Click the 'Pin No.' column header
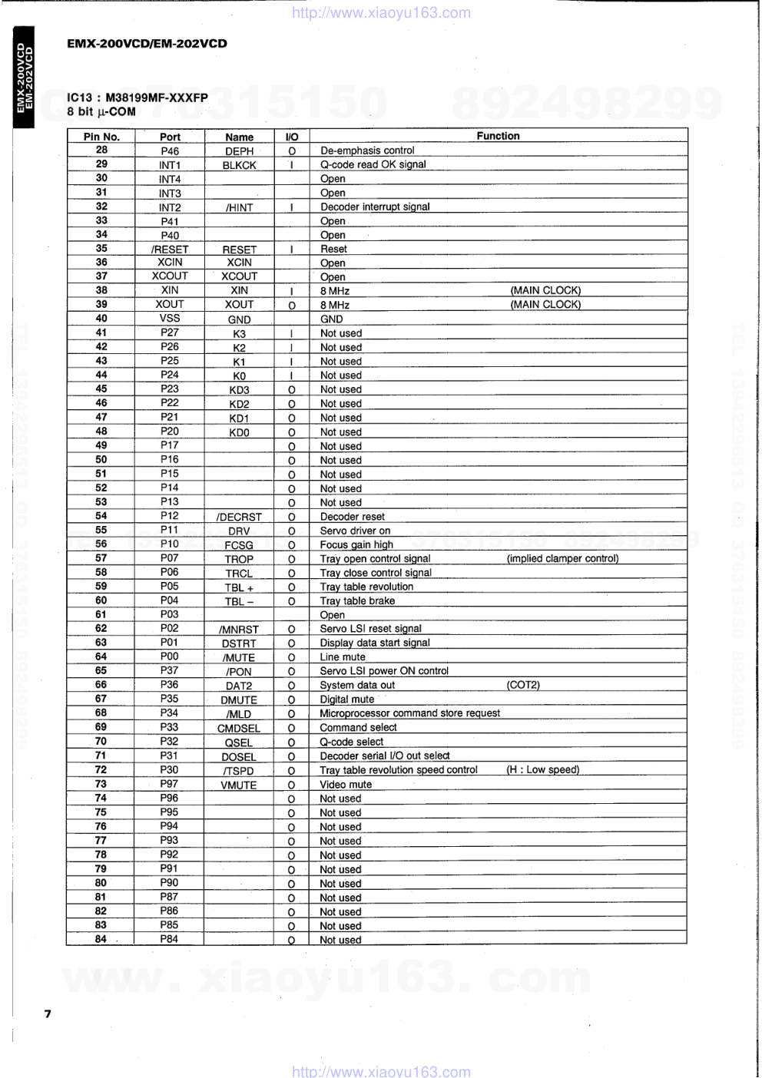pos(101,137)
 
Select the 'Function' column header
pos(498,136)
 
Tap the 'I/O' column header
pos(292,137)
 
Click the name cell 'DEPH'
pos(239,151)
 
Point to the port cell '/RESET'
pos(170,250)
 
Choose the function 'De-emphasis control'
pos(367,150)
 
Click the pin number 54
pos(101,516)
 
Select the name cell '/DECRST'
pos(239,518)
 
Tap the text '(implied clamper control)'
pos(562,558)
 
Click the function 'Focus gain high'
pos(356,544)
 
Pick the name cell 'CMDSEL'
pos(239,729)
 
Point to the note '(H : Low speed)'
pos(542,769)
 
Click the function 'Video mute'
pos(346,785)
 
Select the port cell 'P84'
pos(169,939)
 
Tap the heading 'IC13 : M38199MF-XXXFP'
pos(137,98)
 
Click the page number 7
pos(48,1014)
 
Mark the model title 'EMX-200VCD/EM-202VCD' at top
pos(147,44)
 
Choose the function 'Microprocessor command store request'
pos(409,713)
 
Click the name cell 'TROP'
pos(239,560)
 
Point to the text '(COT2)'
pos(523,685)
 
